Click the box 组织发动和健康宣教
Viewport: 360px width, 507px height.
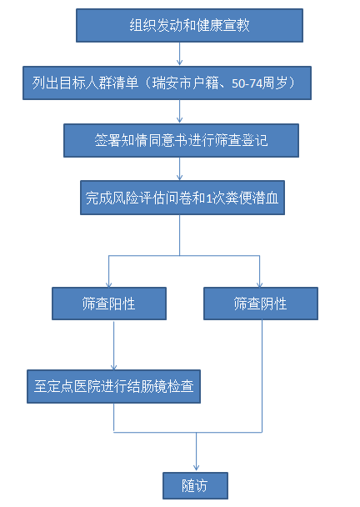tap(189, 25)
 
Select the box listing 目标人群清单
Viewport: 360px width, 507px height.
tap(167, 83)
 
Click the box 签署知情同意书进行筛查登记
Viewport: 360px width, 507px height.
tap(181, 140)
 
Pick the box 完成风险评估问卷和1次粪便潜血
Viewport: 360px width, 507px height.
tap(182, 198)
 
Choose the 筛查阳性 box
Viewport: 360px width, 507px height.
tap(109, 304)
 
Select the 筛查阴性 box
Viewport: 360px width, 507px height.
tap(261, 304)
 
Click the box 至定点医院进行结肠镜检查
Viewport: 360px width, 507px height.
tap(113, 386)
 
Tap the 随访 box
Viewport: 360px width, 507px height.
tap(195, 485)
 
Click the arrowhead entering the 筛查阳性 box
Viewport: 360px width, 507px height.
tap(109, 284)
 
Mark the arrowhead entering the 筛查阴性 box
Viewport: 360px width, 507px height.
tap(259, 284)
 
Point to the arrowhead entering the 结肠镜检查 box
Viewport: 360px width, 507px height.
tap(114, 367)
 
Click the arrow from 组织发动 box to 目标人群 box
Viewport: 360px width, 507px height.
tap(180, 54)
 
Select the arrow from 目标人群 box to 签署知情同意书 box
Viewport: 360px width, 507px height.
tap(180, 112)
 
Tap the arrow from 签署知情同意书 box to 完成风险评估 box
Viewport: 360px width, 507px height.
tap(180, 168)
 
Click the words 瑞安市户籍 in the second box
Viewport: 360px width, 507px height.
tap(185, 83)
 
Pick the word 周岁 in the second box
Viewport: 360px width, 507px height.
tap(274, 83)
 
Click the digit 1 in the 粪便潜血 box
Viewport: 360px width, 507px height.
tap(209, 198)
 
